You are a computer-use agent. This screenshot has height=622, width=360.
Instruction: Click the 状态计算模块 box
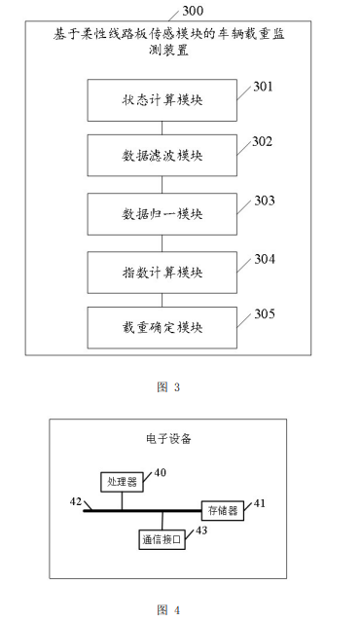pos(162,100)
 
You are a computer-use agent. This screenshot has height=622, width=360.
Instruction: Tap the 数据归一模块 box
pos(162,213)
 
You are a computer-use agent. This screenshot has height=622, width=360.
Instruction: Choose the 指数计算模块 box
pos(162,271)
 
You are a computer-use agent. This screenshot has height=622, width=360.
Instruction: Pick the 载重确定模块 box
pos(162,326)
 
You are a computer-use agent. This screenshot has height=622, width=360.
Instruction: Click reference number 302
pos(265,143)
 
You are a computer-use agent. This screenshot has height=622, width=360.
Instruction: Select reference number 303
pos(265,201)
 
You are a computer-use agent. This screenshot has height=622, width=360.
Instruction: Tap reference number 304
pos(265,259)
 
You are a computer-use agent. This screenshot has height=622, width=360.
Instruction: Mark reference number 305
pos(265,313)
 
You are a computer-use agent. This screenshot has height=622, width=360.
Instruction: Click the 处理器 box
pos(121,481)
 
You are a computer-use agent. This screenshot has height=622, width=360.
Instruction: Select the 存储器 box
pos(221,510)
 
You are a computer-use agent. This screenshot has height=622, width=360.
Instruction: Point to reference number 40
pos(161,472)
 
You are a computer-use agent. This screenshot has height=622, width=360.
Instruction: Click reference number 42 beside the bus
pos(76,502)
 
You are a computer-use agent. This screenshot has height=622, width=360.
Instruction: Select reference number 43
pos(201,531)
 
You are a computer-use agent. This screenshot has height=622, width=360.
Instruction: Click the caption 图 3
pos(168,387)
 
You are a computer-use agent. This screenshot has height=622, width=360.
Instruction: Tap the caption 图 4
pos(168,609)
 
